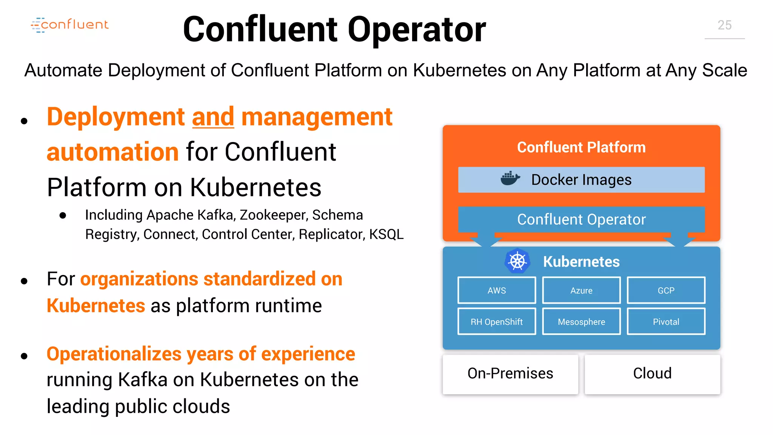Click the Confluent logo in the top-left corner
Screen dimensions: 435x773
[70, 25]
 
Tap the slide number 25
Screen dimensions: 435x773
[724, 25]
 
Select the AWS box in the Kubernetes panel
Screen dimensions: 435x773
[496, 290]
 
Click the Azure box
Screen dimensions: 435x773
[581, 290]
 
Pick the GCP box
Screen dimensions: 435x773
[666, 290]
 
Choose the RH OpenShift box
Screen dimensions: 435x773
[496, 322]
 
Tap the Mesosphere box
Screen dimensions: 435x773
[581, 322]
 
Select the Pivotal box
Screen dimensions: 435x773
[666, 322]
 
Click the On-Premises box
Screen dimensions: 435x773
[510, 373]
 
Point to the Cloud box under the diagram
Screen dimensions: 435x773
[652, 373]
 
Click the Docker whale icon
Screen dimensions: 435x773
[510, 179]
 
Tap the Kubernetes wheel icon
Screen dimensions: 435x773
[517, 261]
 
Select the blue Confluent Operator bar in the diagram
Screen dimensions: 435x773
[581, 219]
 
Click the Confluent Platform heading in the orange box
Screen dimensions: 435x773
[581, 147]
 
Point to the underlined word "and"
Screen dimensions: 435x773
[213, 117]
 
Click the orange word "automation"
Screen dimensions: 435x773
[112, 152]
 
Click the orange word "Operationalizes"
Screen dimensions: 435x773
[114, 354]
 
